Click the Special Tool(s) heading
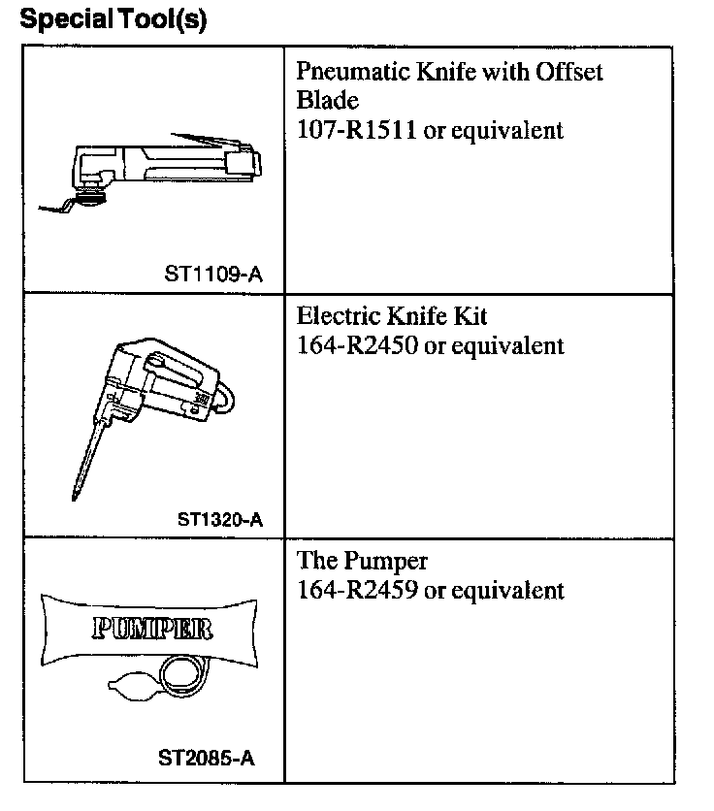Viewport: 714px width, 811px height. click(x=114, y=20)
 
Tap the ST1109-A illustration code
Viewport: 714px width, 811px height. click(x=212, y=275)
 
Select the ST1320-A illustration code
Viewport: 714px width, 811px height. click(x=220, y=518)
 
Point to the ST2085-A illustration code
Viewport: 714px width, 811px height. click(x=207, y=761)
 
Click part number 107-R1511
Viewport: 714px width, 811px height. click(x=357, y=131)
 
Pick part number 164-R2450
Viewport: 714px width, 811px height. click(x=357, y=346)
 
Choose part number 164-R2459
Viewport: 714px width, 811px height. click(x=357, y=591)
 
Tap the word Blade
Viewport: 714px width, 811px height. click(x=328, y=101)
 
